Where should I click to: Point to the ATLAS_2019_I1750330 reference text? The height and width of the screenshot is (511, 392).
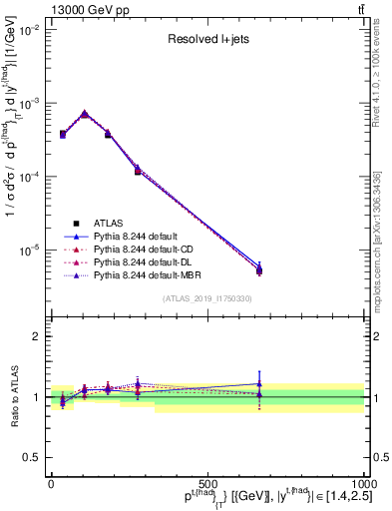[x=206, y=298]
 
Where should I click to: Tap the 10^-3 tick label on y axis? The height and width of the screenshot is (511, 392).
[x=26, y=104]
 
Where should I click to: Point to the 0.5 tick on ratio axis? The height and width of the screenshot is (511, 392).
[x=32, y=457]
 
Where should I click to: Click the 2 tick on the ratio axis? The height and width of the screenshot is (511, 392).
[x=36, y=336]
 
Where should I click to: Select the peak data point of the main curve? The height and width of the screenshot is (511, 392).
[x=85, y=114]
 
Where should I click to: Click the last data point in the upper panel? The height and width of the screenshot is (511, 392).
[x=259, y=269]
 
